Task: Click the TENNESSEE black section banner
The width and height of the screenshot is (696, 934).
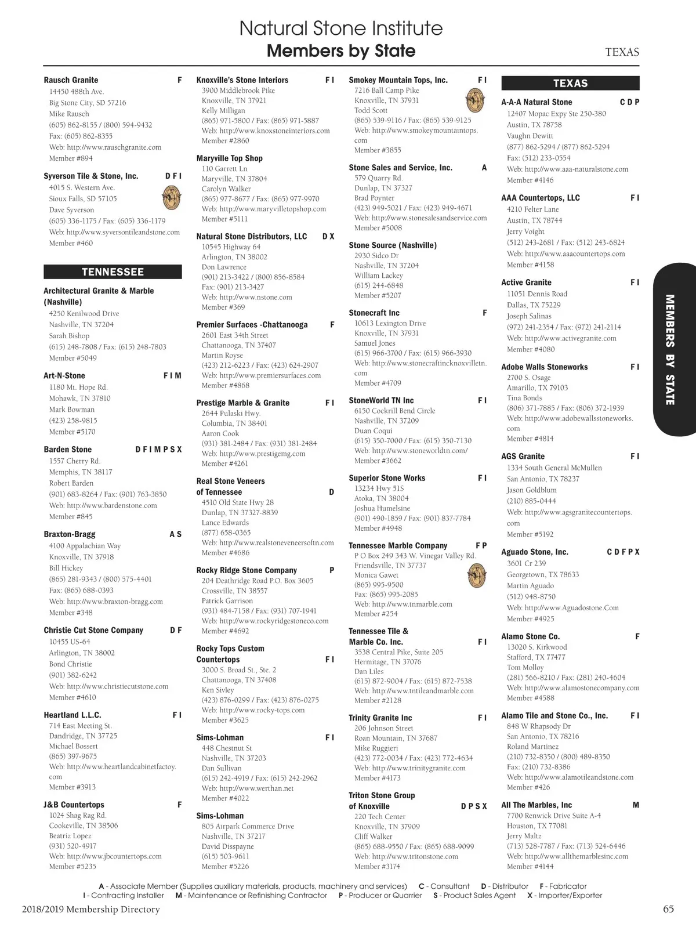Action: click(x=113, y=271)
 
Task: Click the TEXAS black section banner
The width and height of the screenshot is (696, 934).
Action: click(x=570, y=83)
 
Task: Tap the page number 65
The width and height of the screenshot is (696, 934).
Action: click(x=668, y=909)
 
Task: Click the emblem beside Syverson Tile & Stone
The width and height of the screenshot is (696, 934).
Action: click(x=171, y=198)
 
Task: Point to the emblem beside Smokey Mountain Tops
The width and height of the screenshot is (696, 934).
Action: click(x=476, y=100)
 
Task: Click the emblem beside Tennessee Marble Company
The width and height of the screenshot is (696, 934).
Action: click(x=476, y=575)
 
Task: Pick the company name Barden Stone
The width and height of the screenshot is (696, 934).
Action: click(x=68, y=450)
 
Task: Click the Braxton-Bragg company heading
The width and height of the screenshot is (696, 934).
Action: click(x=70, y=534)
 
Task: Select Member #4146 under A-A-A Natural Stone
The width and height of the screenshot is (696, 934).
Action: click(x=530, y=180)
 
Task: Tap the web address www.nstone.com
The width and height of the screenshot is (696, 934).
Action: click(x=256, y=298)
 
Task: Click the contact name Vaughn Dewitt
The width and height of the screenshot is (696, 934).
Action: click(x=530, y=136)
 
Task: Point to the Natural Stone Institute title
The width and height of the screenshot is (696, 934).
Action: click(x=341, y=28)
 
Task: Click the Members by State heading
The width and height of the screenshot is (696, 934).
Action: click(x=341, y=51)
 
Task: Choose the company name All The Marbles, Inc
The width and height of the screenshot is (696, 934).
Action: click(x=536, y=805)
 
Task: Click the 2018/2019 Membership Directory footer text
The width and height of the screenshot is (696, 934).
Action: click(x=91, y=910)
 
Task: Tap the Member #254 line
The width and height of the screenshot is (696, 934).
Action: click(x=376, y=614)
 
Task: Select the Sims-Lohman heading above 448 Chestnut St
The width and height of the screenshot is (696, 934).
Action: click(x=220, y=738)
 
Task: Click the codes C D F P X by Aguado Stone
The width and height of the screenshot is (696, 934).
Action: click(x=623, y=552)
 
